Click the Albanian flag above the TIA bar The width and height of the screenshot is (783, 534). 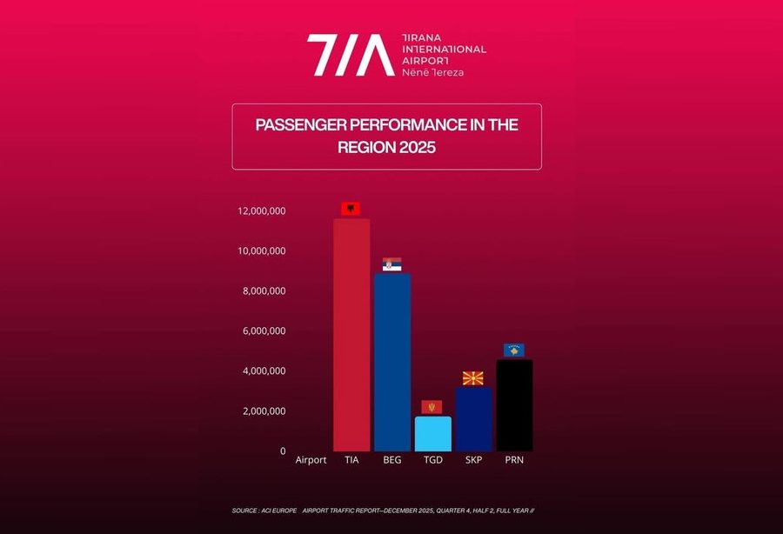pyautogui.click(x=351, y=210)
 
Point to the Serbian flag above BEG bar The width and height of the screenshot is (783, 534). pyautogui.click(x=391, y=264)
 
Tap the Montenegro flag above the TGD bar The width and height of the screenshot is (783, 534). pyautogui.click(x=432, y=407)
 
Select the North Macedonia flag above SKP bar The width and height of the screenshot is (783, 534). pyautogui.click(x=473, y=378)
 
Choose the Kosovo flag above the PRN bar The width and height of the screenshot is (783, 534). pyautogui.click(x=513, y=350)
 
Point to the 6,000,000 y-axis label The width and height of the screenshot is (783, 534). pyautogui.click(x=264, y=331)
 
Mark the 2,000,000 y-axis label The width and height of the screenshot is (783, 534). pyautogui.click(x=264, y=411)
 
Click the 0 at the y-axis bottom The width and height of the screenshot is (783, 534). pyautogui.click(x=282, y=451)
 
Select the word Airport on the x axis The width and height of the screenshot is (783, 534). pyautogui.click(x=311, y=460)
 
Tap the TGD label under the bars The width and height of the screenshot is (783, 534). pyautogui.click(x=432, y=460)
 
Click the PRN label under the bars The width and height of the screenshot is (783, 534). pyautogui.click(x=513, y=460)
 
